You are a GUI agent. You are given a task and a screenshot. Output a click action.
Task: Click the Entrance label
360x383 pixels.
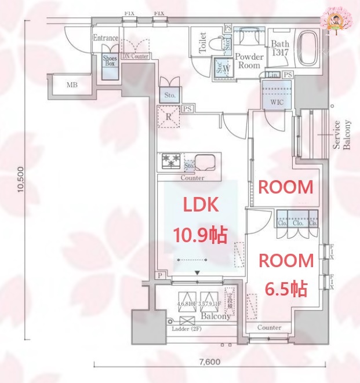click(106, 38)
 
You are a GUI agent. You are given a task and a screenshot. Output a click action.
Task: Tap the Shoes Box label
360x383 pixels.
click(110, 61)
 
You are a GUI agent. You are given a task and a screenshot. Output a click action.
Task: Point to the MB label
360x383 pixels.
click(71, 85)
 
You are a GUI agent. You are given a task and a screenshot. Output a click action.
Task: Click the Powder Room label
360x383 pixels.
click(249, 61)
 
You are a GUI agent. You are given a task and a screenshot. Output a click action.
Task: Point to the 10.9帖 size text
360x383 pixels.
click(200, 235)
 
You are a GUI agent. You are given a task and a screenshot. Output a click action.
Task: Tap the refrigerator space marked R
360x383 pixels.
click(169, 116)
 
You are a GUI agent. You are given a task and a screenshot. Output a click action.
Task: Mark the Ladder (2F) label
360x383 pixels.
click(187, 330)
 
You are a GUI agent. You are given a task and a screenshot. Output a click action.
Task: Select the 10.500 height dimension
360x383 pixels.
click(20, 180)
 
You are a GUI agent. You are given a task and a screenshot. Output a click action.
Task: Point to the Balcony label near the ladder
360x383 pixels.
click(216, 316)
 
